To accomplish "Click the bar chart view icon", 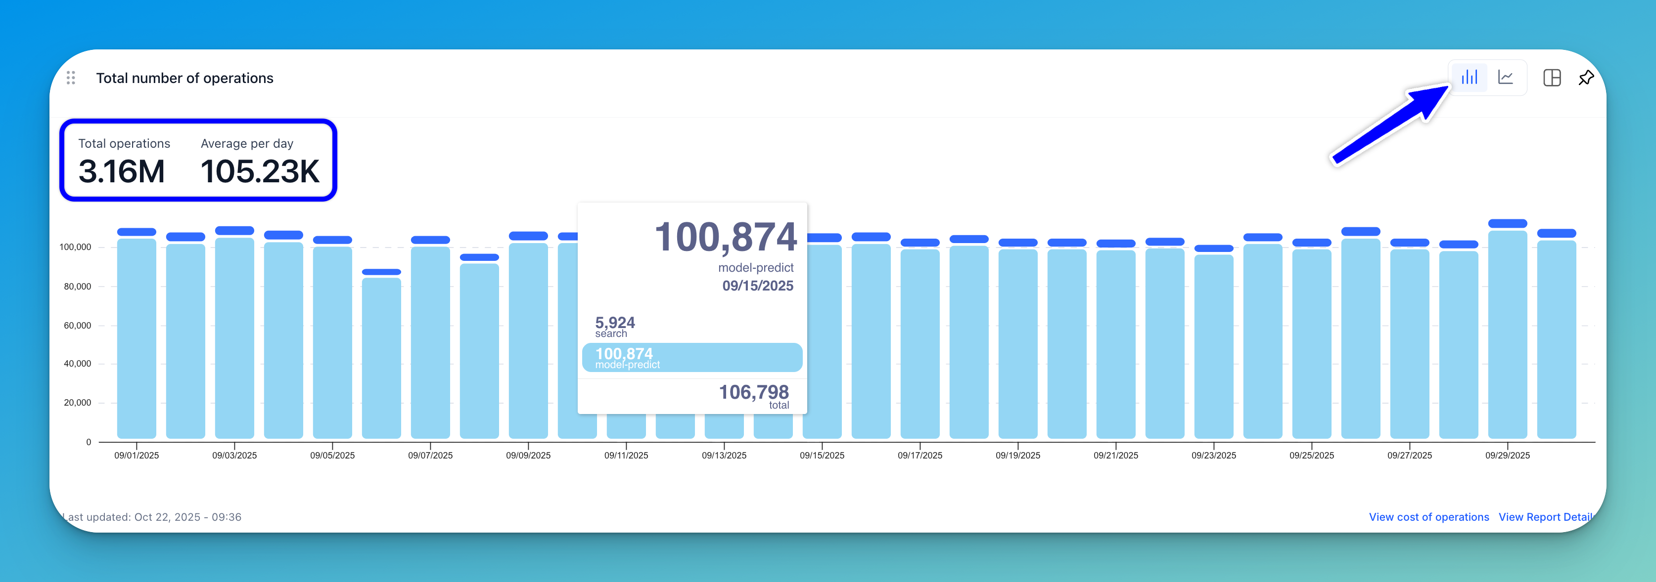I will [1469, 78].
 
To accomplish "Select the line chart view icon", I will [1506, 78].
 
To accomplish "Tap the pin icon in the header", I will [1586, 78].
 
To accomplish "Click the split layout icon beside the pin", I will [1552, 78].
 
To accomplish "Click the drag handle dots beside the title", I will [71, 78].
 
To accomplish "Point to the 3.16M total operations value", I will [122, 171].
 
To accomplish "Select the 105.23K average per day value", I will [260, 171].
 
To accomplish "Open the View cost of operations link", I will [1428, 517].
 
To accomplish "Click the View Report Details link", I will [1545, 517].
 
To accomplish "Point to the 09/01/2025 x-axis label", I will [137, 456].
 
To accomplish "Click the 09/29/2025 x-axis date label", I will [1507, 456].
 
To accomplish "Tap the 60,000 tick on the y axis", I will [77, 326].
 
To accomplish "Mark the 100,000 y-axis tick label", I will [75, 248].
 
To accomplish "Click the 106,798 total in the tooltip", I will [753, 392].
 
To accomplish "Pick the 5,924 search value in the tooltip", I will [615, 323].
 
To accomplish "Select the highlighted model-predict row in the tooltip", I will [691, 357].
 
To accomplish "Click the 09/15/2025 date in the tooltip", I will [757, 286].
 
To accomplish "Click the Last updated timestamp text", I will [152, 517].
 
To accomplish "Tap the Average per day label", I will [247, 143].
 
